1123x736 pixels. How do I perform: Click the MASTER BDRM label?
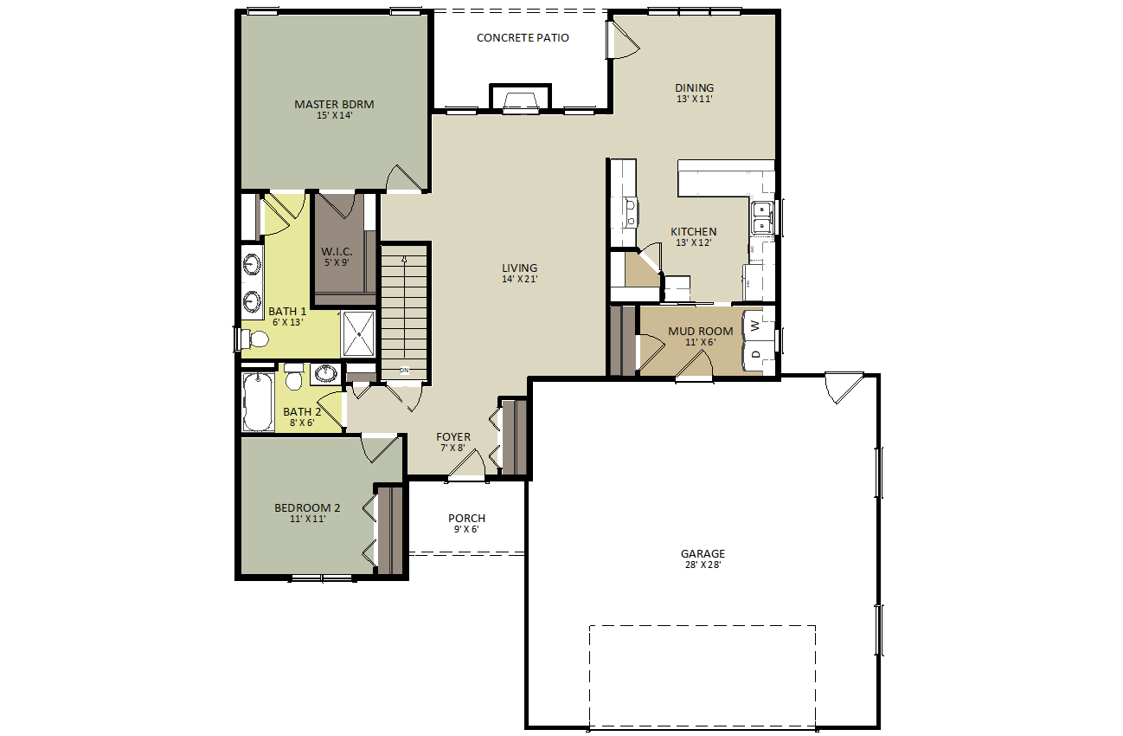pos(334,105)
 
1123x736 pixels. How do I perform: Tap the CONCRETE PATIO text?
pos(523,37)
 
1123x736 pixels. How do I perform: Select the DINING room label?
pos(695,87)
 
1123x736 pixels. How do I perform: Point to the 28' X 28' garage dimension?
pos(703,565)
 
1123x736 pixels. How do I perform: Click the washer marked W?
pos(754,326)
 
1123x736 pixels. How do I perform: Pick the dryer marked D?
pos(754,355)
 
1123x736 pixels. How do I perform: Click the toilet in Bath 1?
pos(255,339)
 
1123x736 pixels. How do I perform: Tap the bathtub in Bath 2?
pos(258,402)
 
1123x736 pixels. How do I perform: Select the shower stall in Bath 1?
pos(358,333)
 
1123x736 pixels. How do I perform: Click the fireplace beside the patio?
pos(520,97)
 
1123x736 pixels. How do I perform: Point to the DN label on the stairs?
pos(404,371)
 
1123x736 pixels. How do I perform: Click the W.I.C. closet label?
pos(337,251)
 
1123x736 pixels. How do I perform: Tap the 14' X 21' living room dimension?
pos(520,279)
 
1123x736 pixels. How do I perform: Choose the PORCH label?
pos(466,519)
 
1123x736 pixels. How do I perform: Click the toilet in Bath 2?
pos(294,377)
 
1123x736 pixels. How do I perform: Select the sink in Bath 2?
pos(326,374)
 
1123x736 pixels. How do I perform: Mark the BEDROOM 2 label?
pos(307,507)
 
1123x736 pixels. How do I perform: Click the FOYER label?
pos(453,437)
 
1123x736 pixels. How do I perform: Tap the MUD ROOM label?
pos(701,331)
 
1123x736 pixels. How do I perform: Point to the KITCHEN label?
pos(694,232)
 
